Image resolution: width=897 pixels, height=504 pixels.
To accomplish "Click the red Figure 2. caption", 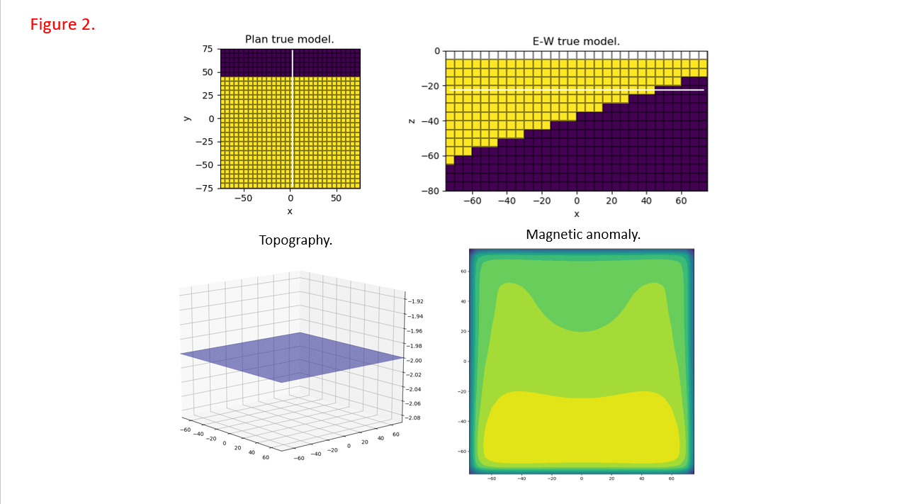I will click(x=62, y=24).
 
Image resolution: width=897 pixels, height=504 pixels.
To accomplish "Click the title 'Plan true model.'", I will click(x=289, y=40).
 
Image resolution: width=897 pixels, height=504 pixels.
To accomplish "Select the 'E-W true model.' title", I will click(x=576, y=41).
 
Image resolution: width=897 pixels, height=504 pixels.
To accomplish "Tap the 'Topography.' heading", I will click(x=295, y=240).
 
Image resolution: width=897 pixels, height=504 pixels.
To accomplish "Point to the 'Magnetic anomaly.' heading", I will click(x=583, y=234).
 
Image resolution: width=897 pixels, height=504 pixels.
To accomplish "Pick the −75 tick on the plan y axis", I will click(x=205, y=188).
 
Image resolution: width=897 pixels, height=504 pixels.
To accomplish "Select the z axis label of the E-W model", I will click(x=412, y=121).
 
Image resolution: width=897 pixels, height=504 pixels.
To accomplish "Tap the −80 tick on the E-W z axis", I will click(x=429, y=191).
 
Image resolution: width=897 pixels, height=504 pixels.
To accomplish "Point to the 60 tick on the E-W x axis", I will click(x=681, y=201).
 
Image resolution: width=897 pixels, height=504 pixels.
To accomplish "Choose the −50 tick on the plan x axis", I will click(x=243, y=198).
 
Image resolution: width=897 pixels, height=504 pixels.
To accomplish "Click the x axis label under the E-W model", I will click(x=576, y=213).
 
